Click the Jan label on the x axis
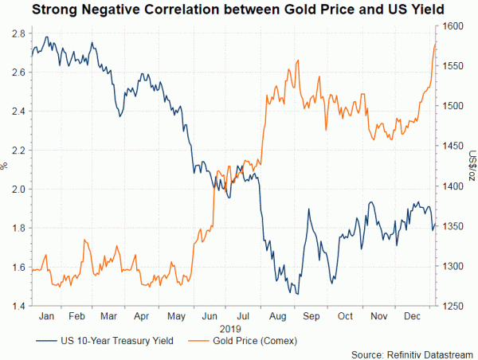tap(47, 316)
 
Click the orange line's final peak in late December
tap(435, 45)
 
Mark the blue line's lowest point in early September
tap(297, 295)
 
